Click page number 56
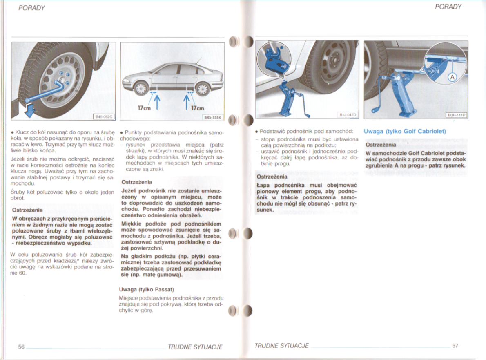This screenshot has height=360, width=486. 22,346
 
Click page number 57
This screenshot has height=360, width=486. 455,346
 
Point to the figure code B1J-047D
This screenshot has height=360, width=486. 348,115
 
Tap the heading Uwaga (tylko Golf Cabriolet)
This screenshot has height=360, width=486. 405,131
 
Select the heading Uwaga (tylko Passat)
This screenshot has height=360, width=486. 146,289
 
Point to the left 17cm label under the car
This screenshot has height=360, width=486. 145,108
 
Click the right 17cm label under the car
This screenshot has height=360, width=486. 197,108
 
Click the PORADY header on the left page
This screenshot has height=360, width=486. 31,8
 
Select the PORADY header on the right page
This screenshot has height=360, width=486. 448,7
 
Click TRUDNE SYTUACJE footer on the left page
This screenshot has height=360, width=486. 195,347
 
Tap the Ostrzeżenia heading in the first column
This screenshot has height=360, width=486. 27,210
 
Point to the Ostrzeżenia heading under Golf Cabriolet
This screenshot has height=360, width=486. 380,145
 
